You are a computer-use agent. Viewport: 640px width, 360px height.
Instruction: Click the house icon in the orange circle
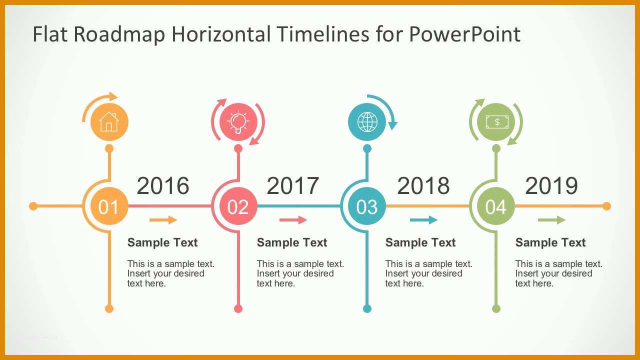click(109, 121)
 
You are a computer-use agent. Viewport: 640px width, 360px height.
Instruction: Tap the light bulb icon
click(238, 122)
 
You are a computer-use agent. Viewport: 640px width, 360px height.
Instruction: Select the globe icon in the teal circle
click(367, 122)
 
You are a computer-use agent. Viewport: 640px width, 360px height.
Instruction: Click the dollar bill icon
click(497, 122)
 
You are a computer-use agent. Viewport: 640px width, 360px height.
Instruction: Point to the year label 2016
click(163, 185)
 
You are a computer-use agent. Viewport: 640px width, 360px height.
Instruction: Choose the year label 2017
click(293, 185)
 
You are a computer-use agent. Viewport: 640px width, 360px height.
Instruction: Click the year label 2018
click(423, 185)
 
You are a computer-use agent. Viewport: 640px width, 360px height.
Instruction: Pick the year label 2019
click(551, 185)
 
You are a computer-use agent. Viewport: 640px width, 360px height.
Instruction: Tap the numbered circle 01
click(109, 206)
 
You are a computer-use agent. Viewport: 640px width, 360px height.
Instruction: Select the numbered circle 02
click(238, 206)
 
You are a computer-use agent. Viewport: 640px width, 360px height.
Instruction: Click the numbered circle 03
click(367, 206)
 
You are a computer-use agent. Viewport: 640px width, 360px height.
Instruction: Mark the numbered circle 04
click(496, 206)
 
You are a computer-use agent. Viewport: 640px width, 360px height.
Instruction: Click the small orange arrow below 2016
click(163, 219)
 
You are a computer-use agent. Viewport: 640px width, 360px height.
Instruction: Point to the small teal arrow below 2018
click(423, 219)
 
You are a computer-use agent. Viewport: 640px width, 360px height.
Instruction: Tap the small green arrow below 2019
click(551, 219)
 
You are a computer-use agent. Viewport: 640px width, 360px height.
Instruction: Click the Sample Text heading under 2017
click(292, 242)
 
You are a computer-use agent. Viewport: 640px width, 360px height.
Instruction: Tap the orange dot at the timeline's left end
click(33, 206)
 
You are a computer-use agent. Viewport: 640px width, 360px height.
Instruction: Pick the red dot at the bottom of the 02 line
click(238, 308)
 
